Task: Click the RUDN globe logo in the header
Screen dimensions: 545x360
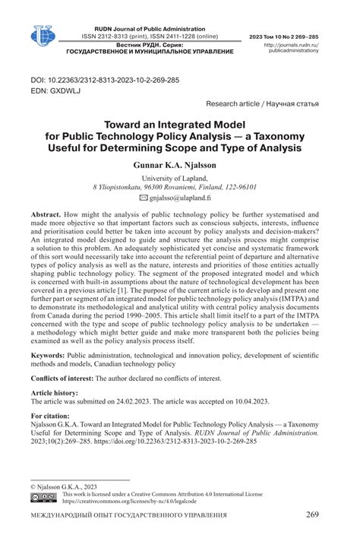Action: point(43,34)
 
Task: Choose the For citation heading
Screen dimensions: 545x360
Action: point(50,417)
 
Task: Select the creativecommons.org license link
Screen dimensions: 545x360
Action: point(131,502)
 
